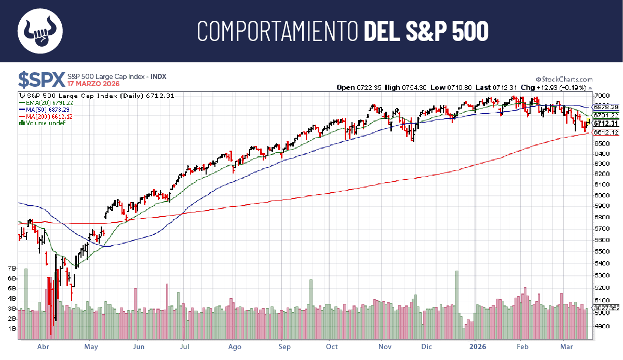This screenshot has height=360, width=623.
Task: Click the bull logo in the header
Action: tap(40, 31)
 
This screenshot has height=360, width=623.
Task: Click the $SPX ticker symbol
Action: tap(42, 79)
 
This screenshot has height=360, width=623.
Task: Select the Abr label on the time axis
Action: tap(44, 346)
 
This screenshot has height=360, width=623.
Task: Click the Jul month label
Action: tap(185, 346)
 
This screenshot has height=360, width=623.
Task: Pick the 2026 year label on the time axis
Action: tap(478, 346)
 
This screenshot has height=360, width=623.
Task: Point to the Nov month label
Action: tap(385, 346)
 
